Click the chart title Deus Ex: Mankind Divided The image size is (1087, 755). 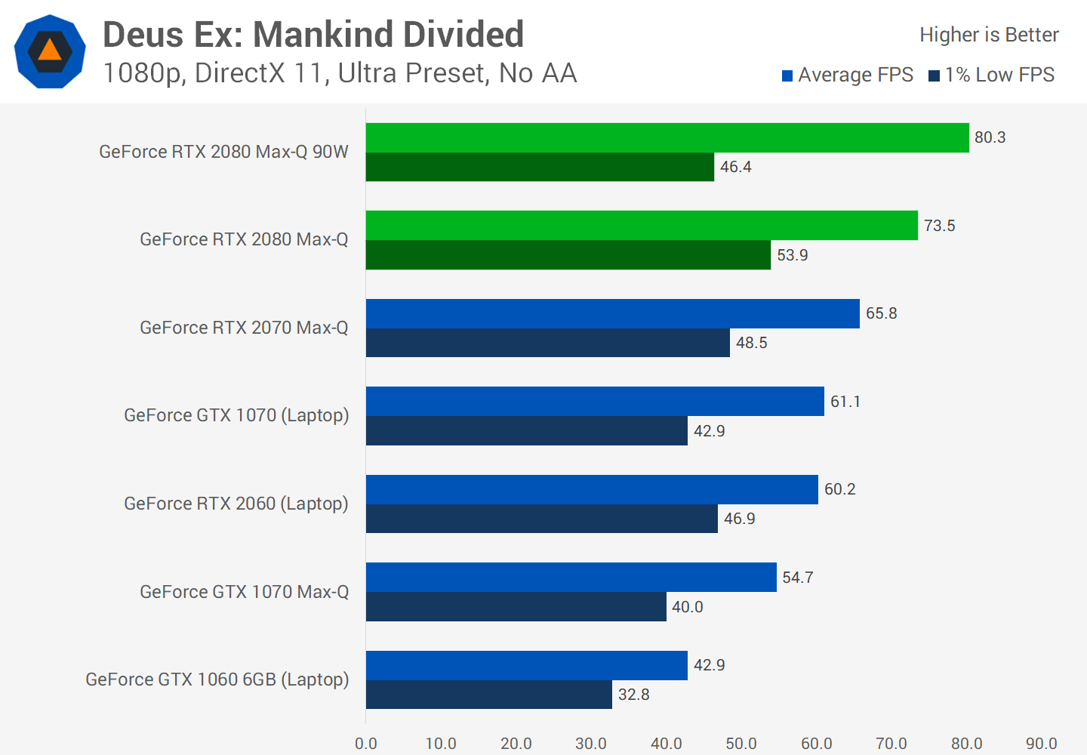point(313,35)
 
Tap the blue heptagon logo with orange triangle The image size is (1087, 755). point(50,51)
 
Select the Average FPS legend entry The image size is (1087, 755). point(848,75)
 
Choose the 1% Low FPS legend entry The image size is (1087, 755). point(992,75)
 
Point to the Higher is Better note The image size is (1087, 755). point(989,35)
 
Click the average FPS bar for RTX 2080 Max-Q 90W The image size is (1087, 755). point(667,137)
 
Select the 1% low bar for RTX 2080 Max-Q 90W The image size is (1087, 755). point(540,167)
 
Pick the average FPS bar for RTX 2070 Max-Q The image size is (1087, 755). point(612,313)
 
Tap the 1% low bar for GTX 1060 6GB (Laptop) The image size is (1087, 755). point(488,695)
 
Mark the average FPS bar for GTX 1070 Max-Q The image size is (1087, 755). point(571,578)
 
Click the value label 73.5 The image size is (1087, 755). point(939,226)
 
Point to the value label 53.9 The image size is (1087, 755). point(792,255)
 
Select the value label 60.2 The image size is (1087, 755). point(839,489)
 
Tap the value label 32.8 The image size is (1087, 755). point(633,695)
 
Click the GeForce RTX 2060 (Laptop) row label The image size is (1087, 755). point(236,504)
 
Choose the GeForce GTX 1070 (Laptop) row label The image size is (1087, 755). point(236,415)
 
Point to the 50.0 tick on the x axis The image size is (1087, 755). point(741,743)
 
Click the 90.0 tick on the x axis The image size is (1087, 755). point(1041,743)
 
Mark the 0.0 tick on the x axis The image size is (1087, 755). point(366,743)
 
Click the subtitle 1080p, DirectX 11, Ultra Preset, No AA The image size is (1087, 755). point(340,73)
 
